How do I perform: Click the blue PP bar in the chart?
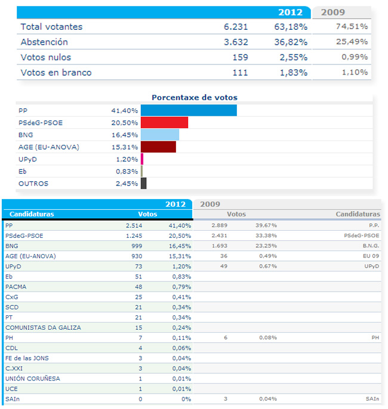(x=189, y=111)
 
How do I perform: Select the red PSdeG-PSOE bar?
(x=164, y=123)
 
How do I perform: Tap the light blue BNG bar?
(x=159, y=135)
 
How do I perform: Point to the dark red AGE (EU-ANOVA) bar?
(x=158, y=147)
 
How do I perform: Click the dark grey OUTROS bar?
(x=143, y=184)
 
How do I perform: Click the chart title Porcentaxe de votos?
(x=195, y=98)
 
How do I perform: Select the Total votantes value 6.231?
(x=236, y=27)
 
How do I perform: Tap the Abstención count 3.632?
(x=236, y=42)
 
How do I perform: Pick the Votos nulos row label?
(x=46, y=58)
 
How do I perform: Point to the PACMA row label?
(x=16, y=287)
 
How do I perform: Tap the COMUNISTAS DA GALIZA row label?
(x=43, y=327)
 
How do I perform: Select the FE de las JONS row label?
(x=27, y=358)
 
